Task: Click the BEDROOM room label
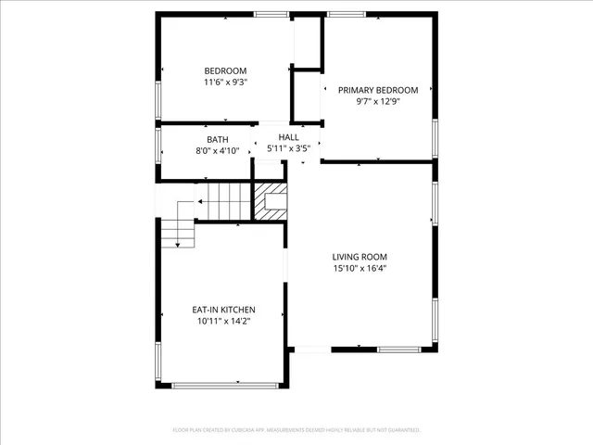(x=225, y=71)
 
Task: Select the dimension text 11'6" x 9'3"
(x=225, y=83)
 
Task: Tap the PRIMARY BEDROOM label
(x=378, y=90)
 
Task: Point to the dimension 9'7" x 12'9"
(x=378, y=102)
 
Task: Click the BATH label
(x=217, y=139)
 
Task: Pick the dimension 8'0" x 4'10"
(x=217, y=150)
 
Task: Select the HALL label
(x=289, y=136)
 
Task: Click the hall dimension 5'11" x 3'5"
(x=289, y=147)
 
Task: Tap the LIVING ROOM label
(x=360, y=257)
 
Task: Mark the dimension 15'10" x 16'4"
(x=360, y=269)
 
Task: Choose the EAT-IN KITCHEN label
(x=223, y=310)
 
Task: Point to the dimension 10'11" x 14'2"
(x=223, y=321)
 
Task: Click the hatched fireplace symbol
(x=271, y=200)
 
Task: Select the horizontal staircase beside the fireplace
(x=228, y=200)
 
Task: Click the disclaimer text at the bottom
(x=296, y=430)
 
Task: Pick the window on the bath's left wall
(x=158, y=143)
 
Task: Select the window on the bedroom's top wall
(x=271, y=14)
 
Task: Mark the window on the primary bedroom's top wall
(x=339, y=14)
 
